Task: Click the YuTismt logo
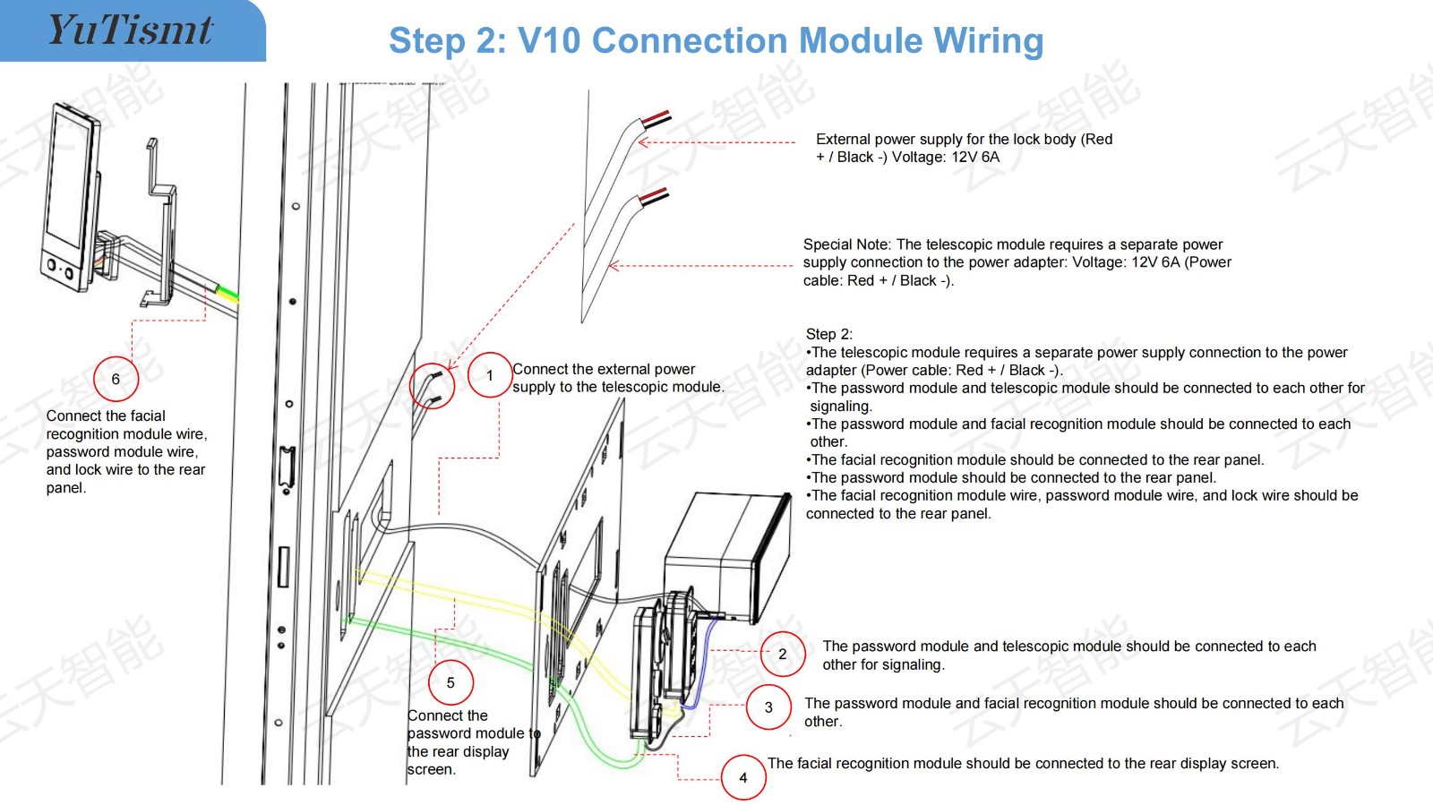pyautogui.click(x=130, y=30)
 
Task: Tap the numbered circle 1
pyautogui.click(x=489, y=375)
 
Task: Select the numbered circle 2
pyautogui.click(x=783, y=654)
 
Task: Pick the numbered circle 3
pyautogui.click(x=768, y=707)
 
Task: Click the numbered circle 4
pyautogui.click(x=743, y=777)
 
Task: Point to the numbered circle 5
pyautogui.click(x=450, y=683)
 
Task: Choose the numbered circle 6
pyautogui.click(x=116, y=379)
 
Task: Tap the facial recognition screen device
pyautogui.click(x=71, y=197)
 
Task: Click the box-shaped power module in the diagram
pyautogui.click(x=728, y=556)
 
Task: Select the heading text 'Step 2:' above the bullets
pyautogui.click(x=829, y=334)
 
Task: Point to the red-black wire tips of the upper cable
pyautogui.click(x=656, y=118)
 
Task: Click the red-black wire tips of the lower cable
pyautogui.click(x=655, y=196)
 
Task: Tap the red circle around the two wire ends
pyautogui.click(x=432, y=386)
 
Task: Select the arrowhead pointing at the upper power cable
pyautogui.click(x=644, y=142)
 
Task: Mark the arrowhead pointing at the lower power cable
pyautogui.click(x=614, y=265)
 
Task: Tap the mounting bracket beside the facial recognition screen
pyautogui.click(x=160, y=224)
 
